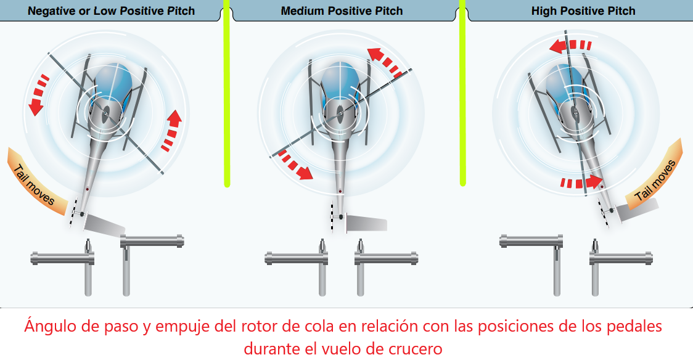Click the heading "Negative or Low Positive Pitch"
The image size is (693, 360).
click(x=111, y=11)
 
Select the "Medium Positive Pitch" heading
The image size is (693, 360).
click(x=342, y=11)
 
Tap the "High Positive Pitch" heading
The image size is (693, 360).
click(x=583, y=11)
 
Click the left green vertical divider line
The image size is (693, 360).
click(x=227, y=92)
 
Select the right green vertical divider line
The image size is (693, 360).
click(x=461, y=92)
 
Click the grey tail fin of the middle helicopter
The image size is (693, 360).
click(x=366, y=222)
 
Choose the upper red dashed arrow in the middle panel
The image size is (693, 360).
click(x=385, y=62)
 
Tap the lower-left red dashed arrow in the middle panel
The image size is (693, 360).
click(x=293, y=165)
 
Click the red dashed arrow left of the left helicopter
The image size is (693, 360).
click(x=39, y=95)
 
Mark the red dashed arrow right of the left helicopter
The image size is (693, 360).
click(x=172, y=130)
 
